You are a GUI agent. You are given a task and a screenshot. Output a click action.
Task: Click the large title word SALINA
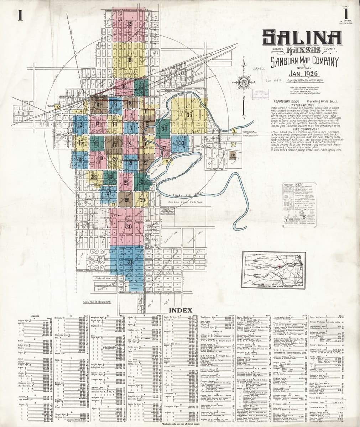click(x=302, y=37)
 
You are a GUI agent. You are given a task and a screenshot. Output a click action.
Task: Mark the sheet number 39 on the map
click(x=130, y=24)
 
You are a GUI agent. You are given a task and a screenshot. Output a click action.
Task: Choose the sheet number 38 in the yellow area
click(x=130, y=59)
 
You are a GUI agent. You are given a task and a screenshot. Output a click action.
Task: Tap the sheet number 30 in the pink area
click(x=129, y=226)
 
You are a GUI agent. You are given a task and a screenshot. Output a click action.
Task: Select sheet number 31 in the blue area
click(x=130, y=262)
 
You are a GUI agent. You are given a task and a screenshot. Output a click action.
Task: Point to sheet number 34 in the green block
click(x=164, y=128)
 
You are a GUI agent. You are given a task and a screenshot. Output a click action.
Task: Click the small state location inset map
click(x=273, y=270)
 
